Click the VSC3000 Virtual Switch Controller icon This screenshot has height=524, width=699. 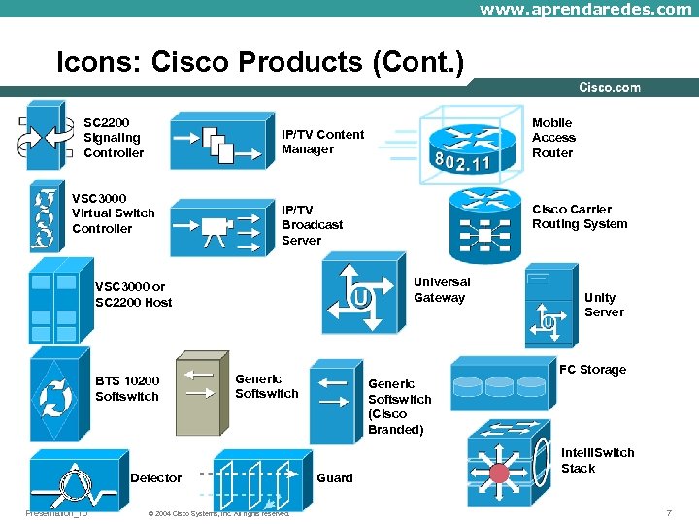(45, 215)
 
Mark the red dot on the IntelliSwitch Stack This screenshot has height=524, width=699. (499, 473)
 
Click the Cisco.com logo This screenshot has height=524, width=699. (609, 87)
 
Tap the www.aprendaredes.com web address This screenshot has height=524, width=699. (585, 9)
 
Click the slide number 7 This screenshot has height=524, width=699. (668, 512)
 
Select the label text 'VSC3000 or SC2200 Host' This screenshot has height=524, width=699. (133, 294)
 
